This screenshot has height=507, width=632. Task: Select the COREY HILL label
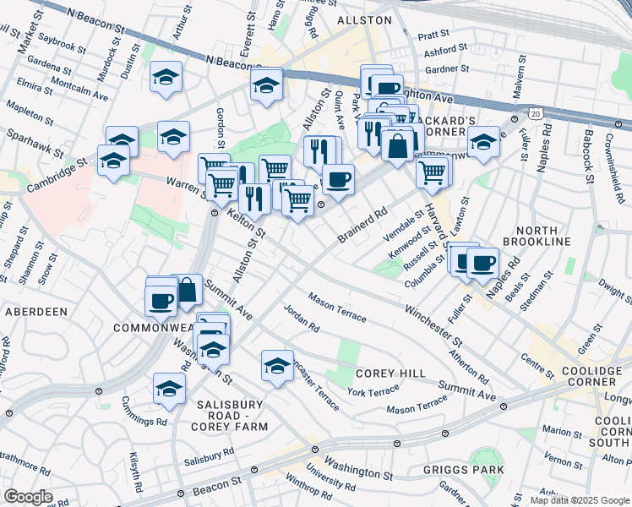(x=382, y=373)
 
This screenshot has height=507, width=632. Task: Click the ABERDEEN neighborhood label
(x=36, y=311)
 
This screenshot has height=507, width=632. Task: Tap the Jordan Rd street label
(x=301, y=318)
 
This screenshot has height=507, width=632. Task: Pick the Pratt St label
(x=432, y=35)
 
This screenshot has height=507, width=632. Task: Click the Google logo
(x=28, y=497)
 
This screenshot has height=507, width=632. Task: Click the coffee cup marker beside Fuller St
(x=482, y=263)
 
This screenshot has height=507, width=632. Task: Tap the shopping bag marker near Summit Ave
(x=188, y=290)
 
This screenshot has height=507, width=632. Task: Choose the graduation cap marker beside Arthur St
(x=166, y=76)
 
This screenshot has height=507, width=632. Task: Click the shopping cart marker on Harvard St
(x=433, y=171)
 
